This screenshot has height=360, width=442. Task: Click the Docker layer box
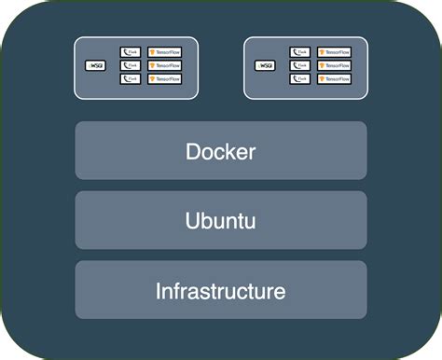coord(221,150)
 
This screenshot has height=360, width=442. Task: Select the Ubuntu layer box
coord(221,220)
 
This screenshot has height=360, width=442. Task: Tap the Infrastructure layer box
coord(221,290)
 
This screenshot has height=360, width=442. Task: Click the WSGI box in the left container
coord(96,66)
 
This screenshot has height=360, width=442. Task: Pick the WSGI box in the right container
coord(266,66)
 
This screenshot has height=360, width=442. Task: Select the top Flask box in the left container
coord(130,53)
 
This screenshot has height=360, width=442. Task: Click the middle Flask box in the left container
coord(130,66)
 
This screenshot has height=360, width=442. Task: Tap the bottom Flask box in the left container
coord(130,79)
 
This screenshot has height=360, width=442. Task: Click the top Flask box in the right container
coord(299,53)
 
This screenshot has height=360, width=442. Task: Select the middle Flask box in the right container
coord(299,66)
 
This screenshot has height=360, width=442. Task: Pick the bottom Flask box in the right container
coord(299,79)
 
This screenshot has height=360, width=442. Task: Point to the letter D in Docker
coord(193,151)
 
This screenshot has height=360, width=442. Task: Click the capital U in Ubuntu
coord(192,221)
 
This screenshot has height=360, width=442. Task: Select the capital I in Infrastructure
coord(159,291)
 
